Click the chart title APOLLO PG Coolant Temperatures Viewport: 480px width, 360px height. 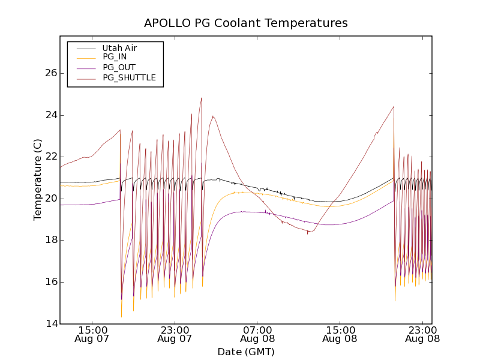(x=245, y=23)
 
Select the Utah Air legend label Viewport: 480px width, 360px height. (x=120, y=48)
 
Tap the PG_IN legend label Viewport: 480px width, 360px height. (x=115, y=57)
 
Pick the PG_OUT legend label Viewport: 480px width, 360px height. (x=119, y=67)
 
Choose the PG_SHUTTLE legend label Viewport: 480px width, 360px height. (x=129, y=77)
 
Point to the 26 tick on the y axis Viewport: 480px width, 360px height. (x=50, y=73)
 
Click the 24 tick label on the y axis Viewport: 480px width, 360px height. (x=50, y=115)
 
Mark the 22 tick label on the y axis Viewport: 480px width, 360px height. (x=50, y=157)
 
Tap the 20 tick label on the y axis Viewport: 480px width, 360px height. (x=50, y=199)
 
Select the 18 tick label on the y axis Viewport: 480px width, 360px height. (x=50, y=240)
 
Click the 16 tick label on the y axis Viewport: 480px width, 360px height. (x=50, y=282)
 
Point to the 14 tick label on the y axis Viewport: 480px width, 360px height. (x=50, y=324)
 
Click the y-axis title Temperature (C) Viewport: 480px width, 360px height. (x=38, y=179)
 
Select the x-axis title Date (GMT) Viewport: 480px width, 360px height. (x=245, y=352)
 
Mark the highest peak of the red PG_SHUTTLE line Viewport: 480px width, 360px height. (x=202, y=98)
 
